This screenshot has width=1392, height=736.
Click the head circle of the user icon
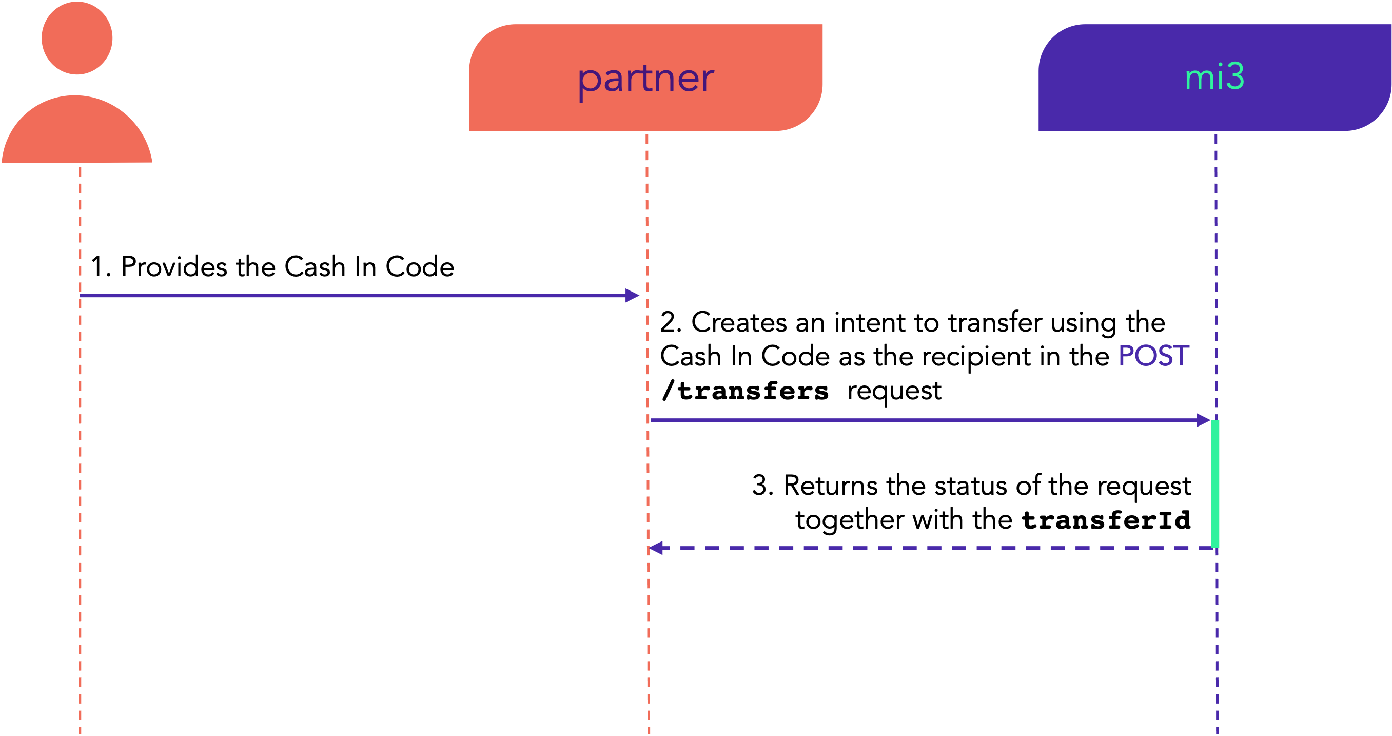(x=77, y=38)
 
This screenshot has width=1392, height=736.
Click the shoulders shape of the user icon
(x=77, y=129)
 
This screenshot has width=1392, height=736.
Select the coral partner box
(x=646, y=78)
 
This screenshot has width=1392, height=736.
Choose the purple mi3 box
(x=1215, y=78)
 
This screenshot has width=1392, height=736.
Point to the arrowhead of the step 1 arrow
(x=632, y=296)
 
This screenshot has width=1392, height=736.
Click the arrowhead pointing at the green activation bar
(x=1203, y=420)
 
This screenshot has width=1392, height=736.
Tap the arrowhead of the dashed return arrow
(x=656, y=548)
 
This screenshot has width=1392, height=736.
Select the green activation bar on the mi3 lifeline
(x=1215, y=483)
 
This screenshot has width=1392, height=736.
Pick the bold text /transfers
(x=745, y=390)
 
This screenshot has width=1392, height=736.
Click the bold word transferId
(x=1106, y=520)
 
